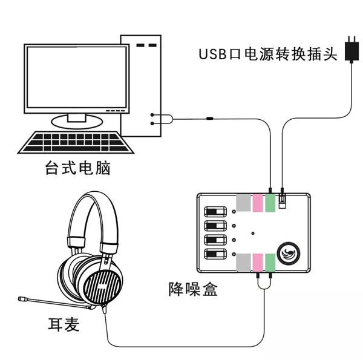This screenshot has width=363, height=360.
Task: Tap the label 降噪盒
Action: coord(192,289)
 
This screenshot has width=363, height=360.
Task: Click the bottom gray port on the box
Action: coord(243,263)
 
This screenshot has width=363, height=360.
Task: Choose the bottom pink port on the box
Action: coord(257,263)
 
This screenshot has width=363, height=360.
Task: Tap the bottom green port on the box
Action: coord(270,263)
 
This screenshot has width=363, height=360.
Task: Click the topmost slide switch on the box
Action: coord(216,212)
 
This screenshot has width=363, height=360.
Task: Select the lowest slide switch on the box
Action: coord(216,254)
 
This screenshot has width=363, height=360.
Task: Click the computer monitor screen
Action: coord(76,77)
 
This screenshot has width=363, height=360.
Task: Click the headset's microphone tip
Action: coord(22,299)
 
